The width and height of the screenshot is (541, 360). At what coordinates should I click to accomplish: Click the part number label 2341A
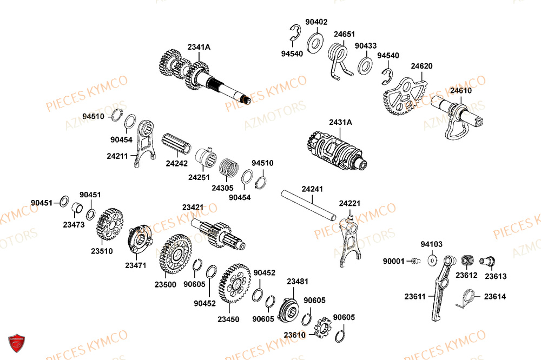(199, 48)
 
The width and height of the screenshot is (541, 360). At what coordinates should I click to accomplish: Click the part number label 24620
(421, 66)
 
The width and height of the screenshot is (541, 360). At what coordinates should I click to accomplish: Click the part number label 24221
(350, 204)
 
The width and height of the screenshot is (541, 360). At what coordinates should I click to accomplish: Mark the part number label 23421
(193, 208)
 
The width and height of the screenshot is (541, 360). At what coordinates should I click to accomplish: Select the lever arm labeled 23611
(440, 286)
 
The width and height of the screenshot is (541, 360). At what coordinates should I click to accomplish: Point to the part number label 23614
(495, 296)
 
